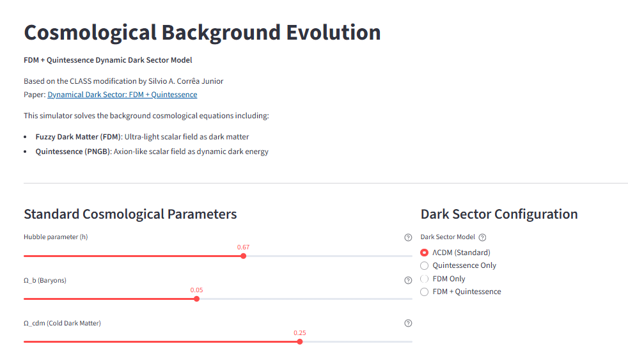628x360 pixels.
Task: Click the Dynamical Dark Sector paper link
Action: pyautogui.click(x=122, y=95)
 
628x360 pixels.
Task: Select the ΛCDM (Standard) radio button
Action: pyautogui.click(x=424, y=253)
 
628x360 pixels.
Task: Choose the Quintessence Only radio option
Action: pyautogui.click(x=424, y=265)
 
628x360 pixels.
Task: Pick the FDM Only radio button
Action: pyautogui.click(x=424, y=279)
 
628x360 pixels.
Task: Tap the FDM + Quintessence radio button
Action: pyautogui.click(x=424, y=292)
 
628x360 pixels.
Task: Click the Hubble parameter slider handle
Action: pyautogui.click(x=243, y=256)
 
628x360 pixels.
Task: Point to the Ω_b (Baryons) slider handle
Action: pyautogui.click(x=196, y=299)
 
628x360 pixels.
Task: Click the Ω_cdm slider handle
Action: pyautogui.click(x=300, y=341)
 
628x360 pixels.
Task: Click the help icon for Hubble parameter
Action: pyautogui.click(x=408, y=237)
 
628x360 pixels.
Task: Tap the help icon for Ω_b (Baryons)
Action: pyautogui.click(x=408, y=280)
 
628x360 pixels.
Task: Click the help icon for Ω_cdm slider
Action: pyautogui.click(x=408, y=323)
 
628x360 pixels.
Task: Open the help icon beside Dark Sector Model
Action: pyautogui.click(x=482, y=237)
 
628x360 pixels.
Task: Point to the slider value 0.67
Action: pyautogui.click(x=243, y=247)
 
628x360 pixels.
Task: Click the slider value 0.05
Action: pyautogui.click(x=196, y=290)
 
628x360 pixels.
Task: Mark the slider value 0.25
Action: pyautogui.click(x=300, y=333)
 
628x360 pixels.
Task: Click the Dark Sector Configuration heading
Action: pyautogui.click(x=499, y=214)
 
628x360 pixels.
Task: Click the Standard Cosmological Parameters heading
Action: pyautogui.click(x=130, y=214)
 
